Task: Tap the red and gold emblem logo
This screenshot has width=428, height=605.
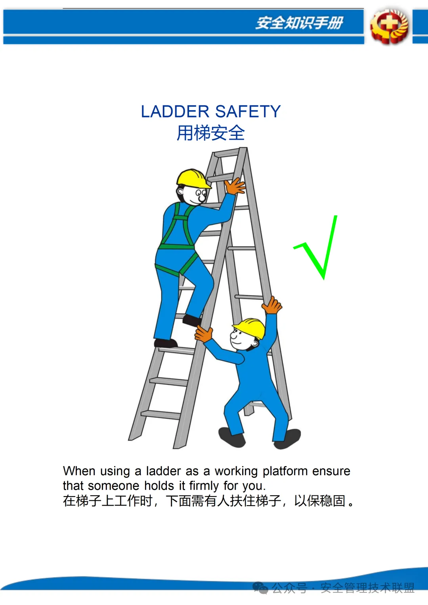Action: tap(389, 26)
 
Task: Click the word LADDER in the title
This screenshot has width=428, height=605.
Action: tap(175, 111)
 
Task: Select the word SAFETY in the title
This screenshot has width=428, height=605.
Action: tap(248, 111)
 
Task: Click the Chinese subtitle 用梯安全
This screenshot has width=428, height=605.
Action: tap(210, 133)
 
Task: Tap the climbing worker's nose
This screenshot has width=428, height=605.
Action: tap(202, 198)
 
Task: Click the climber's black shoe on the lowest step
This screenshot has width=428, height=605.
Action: tap(166, 343)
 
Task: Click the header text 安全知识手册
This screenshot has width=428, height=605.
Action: tap(299, 23)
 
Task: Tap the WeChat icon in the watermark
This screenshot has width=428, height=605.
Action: tap(260, 588)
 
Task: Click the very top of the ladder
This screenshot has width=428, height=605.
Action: tap(243, 148)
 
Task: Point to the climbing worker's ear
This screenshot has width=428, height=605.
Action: tap(180, 192)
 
